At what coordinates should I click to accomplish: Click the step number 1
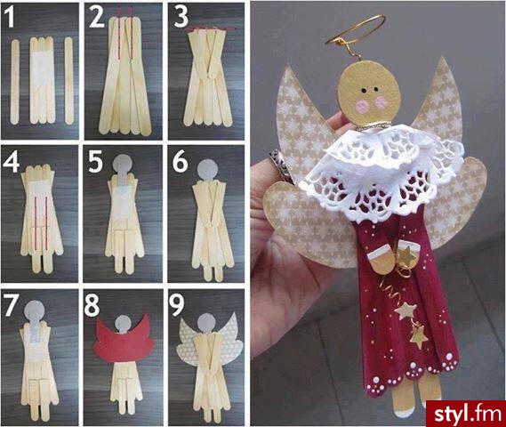(x=11, y=17)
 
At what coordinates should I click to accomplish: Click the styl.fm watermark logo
(x=466, y=414)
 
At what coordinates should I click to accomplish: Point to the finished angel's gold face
(x=369, y=94)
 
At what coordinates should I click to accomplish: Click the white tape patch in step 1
(x=43, y=68)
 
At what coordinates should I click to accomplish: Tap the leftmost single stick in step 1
(x=15, y=82)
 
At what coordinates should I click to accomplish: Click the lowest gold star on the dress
(x=419, y=335)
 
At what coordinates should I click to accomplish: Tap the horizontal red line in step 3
(x=211, y=28)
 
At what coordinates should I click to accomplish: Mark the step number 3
(x=181, y=17)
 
